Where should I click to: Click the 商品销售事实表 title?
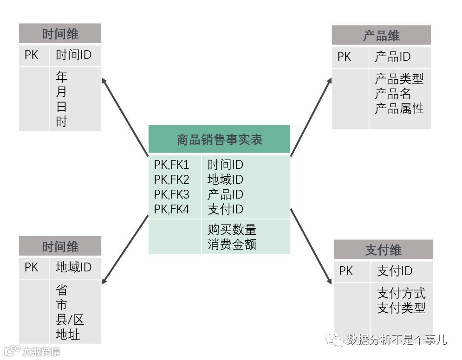coord(219,140)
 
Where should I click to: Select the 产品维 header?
coord(381,36)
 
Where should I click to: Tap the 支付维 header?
coord(383,250)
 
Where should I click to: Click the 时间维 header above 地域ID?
coord(60,247)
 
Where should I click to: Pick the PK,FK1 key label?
coord(172,165)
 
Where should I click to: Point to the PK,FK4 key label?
coord(172,209)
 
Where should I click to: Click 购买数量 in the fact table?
coord(232,230)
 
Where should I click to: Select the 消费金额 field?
coord(232,244)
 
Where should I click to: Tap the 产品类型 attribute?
coord(399,78)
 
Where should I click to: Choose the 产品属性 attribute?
coord(399,108)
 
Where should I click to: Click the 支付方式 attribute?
coord(401,293)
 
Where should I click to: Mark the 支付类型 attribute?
coord(401,308)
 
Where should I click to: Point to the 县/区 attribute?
coord(70,320)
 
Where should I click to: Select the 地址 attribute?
coord(68,334)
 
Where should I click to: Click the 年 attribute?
coord(61,77)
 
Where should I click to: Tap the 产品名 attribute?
coord(393,93)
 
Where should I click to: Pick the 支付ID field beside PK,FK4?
coord(225,209)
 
